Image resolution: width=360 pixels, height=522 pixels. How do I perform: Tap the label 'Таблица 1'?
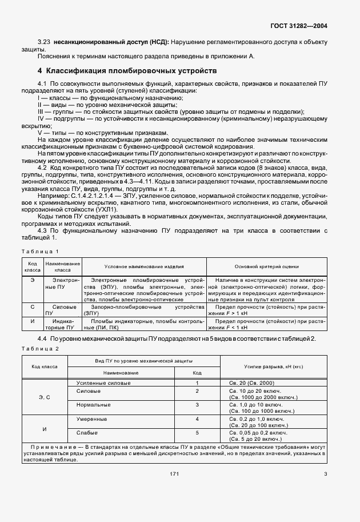pos(40,252)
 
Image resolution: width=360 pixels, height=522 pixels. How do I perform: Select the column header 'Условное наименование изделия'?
pos(143,267)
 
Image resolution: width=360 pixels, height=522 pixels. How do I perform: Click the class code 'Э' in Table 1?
pos(32,280)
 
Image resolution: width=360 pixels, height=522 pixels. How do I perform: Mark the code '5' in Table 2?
pos(197,433)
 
